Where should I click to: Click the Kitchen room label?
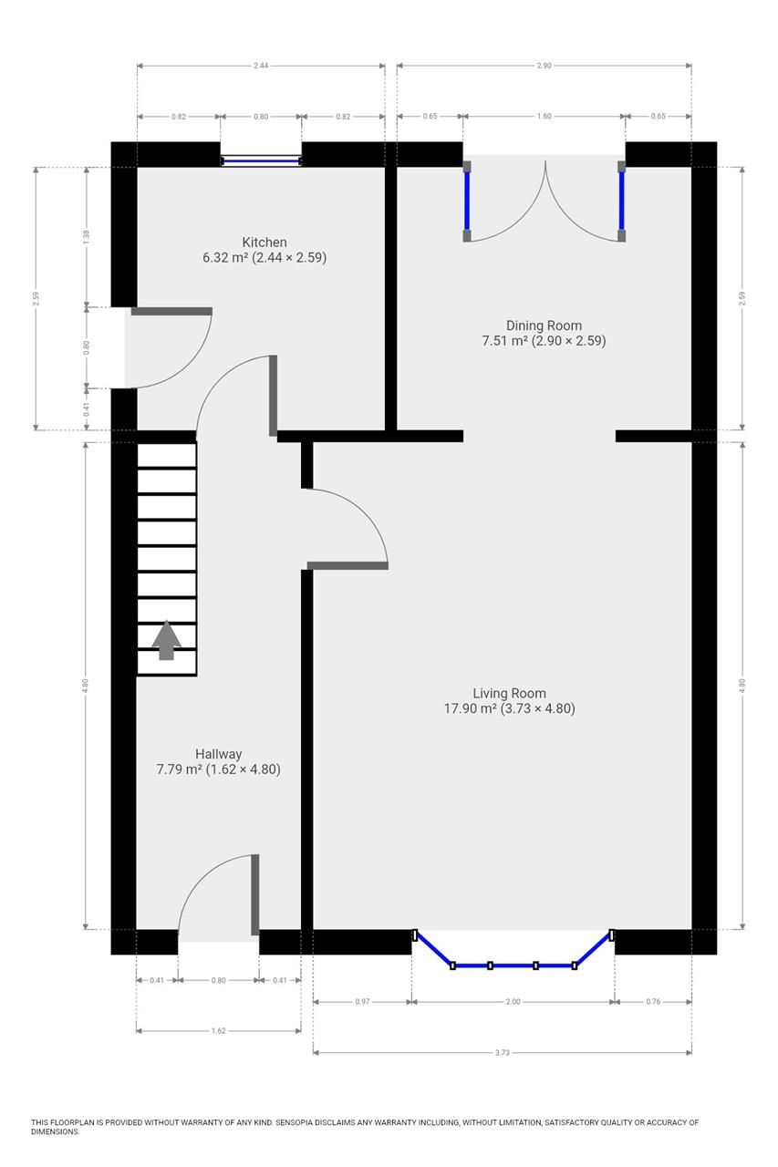pos(265,243)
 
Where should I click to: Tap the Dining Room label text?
pos(544,325)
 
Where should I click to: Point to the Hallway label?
pos(218,754)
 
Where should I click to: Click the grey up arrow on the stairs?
pos(166,640)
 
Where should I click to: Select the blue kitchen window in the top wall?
pos(261,161)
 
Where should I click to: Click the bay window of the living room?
pos(513,964)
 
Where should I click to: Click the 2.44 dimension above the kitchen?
pos(261,66)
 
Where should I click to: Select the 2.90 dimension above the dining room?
pos(544,66)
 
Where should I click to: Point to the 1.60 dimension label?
pos(544,117)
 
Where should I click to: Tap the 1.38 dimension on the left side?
pos(87,234)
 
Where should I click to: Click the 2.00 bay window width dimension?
pos(513,1002)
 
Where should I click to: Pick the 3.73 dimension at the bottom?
pos(502,1053)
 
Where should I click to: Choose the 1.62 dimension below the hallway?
pos(218,1031)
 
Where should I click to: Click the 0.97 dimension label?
pos(362,1002)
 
